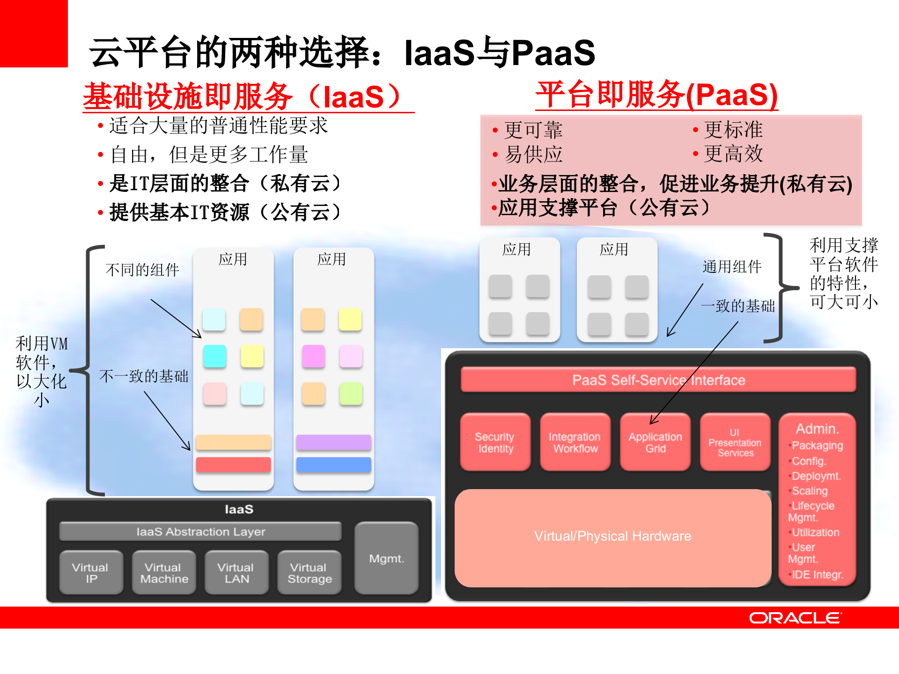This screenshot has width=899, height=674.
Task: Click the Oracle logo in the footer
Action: pos(795,618)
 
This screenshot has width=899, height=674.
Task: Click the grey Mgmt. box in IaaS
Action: pos(386,558)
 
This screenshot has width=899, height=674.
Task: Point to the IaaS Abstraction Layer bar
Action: pos(200,532)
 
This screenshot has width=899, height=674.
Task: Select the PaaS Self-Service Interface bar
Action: pos(658,380)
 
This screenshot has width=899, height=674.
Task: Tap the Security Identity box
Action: pos(495,442)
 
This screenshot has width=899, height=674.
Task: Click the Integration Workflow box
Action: pos(575,442)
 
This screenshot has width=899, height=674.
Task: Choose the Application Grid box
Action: pos(655,442)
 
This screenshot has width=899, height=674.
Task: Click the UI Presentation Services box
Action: pos(735,442)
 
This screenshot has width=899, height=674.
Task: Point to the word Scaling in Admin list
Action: pos(810,491)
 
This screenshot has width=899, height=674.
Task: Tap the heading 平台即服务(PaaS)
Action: pos(656,95)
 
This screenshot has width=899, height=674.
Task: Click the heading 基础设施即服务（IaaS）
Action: pos(243,96)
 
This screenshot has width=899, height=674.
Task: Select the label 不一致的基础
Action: pos(143,376)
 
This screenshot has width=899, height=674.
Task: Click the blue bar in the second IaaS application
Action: pos(333,465)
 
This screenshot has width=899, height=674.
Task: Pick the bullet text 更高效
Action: pos(733,154)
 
